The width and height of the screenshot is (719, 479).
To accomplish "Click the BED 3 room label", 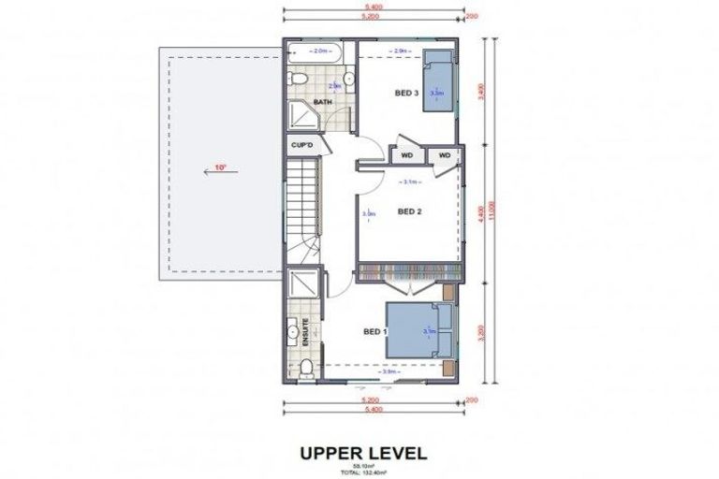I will [x=405, y=93].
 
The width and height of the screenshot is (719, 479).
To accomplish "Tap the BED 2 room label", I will [x=410, y=211].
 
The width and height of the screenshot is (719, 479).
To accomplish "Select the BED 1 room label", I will [x=375, y=331].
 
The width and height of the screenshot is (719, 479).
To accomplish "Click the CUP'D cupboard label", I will [x=301, y=145].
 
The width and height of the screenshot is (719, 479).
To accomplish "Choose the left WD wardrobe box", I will [x=407, y=154].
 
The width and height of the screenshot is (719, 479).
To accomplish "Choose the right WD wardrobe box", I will [x=444, y=154].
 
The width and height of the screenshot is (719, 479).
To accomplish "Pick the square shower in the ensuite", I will [x=301, y=284].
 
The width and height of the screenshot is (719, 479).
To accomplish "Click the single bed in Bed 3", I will [x=437, y=83].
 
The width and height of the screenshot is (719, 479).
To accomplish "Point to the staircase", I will [x=301, y=206].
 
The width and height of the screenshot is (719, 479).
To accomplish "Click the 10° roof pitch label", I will [x=220, y=168].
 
